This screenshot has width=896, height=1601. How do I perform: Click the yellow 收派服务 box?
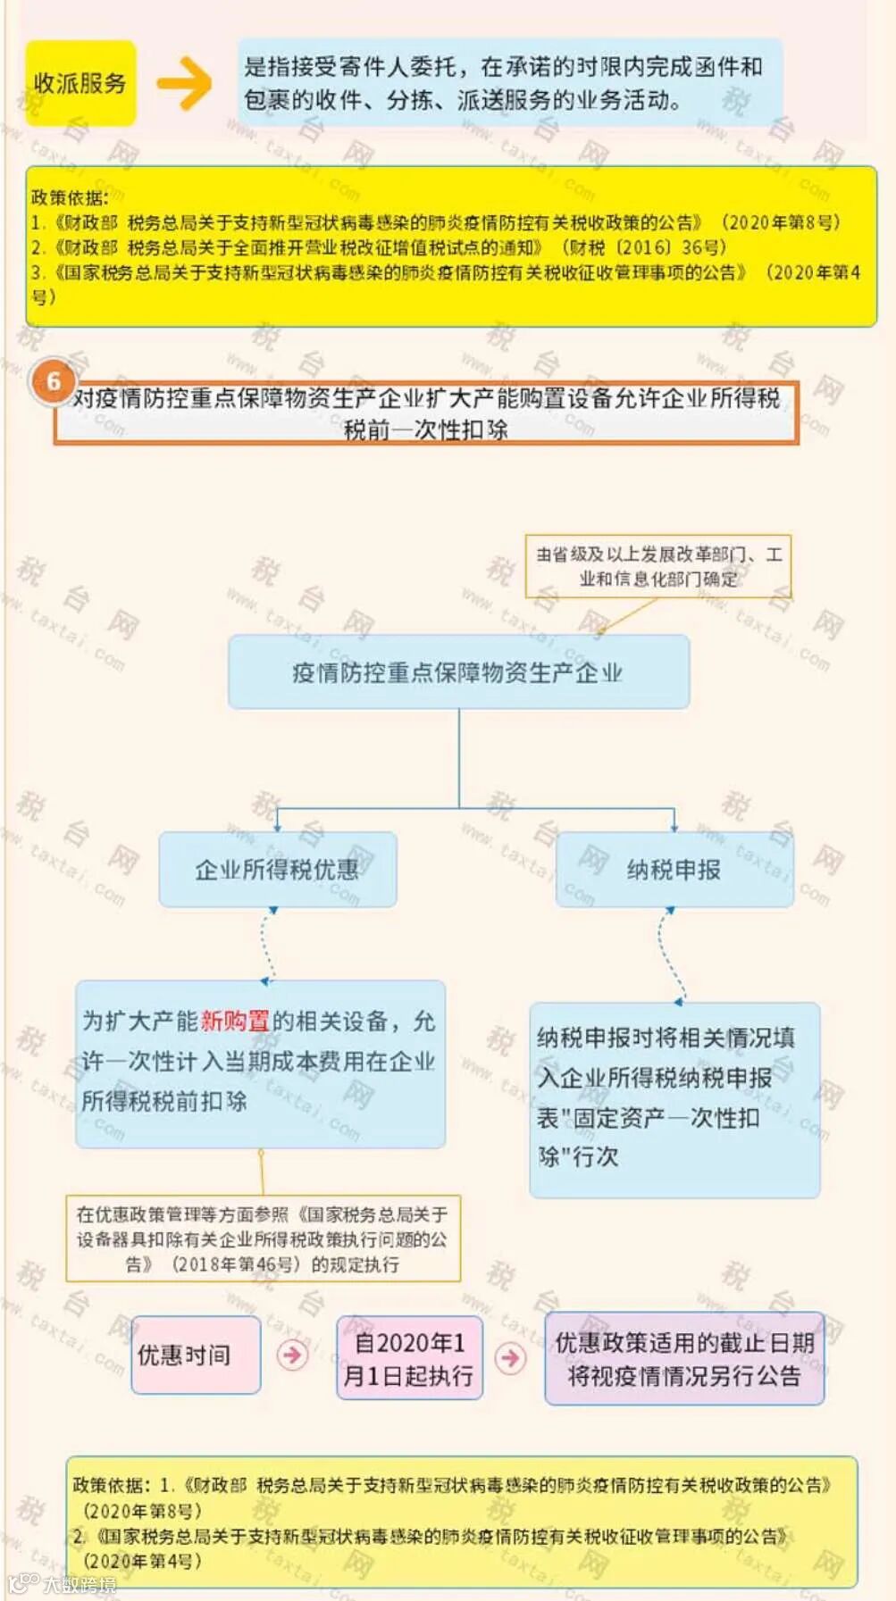click(80, 83)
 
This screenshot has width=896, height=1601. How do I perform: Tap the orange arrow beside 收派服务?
click(185, 83)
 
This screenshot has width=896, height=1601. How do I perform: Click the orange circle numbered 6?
click(53, 381)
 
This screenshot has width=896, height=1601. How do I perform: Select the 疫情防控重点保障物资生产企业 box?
click(458, 672)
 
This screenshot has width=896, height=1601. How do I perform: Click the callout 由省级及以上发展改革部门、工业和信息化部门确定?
click(658, 567)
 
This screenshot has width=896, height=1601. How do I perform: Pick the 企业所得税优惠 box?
click(277, 870)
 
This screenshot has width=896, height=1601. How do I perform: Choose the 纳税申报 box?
click(674, 870)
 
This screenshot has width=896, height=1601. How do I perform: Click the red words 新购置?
click(235, 1021)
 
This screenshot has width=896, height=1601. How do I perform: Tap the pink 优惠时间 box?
click(196, 1355)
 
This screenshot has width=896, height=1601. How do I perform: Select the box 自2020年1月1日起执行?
click(409, 1358)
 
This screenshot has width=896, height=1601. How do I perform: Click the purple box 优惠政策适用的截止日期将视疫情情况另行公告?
click(684, 1358)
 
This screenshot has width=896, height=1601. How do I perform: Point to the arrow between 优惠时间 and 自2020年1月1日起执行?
click(292, 1355)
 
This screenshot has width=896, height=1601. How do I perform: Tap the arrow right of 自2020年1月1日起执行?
click(510, 1358)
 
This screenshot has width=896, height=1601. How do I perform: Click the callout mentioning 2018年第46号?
click(263, 1239)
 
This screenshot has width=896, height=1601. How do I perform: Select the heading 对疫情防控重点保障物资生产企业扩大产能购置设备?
click(426, 413)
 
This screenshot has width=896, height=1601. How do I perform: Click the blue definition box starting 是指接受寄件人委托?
click(509, 83)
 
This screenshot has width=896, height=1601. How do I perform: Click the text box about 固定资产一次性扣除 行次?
click(674, 1099)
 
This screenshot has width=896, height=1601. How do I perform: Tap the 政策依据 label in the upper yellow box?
click(69, 197)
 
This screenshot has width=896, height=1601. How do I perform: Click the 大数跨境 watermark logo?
click(63, 1584)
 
